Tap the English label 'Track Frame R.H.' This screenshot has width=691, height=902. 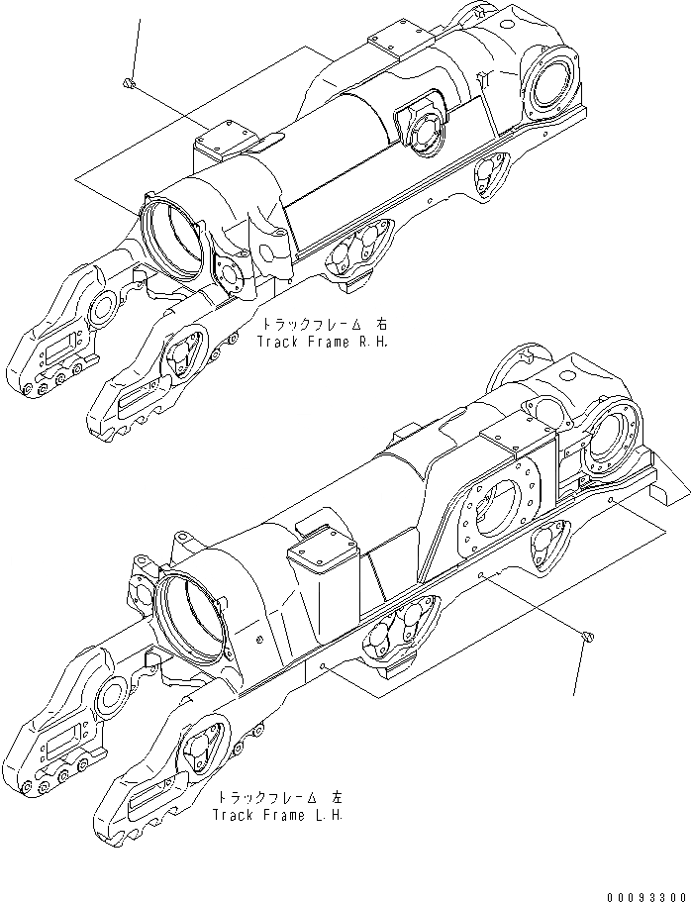coord(324,341)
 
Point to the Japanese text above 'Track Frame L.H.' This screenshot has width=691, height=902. coord(279,797)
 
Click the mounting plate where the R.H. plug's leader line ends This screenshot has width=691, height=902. coord(223,139)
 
